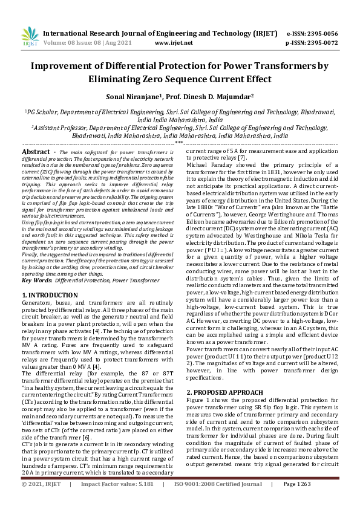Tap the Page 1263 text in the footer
point(296,501)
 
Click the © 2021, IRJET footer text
point(42,501)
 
